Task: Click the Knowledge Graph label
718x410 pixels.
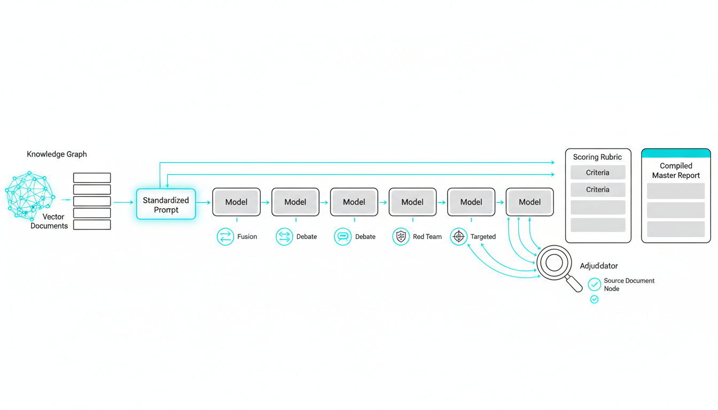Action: pyautogui.click(x=57, y=154)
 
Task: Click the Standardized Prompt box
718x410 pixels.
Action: pyautogui.click(x=166, y=204)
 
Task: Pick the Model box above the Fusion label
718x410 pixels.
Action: pyautogui.click(x=236, y=202)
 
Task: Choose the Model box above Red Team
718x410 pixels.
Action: pyautogui.click(x=412, y=202)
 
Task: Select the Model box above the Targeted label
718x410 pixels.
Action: pyautogui.click(x=471, y=202)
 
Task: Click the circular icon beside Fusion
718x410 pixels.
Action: pyautogui.click(x=225, y=236)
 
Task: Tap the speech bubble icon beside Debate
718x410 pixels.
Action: pyautogui.click(x=342, y=236)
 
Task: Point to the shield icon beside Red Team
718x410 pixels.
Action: pyautogui.click(x=401, y=236)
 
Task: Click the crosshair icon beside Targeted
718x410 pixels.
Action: pyautogui.click(x=458, y=236)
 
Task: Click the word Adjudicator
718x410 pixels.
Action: pyautogui.click(x=599, y=266)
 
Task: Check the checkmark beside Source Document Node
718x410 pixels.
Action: pyautogui.click(x=594, y=285)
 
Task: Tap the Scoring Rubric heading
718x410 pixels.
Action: pyautogui.click(x=597, y=157)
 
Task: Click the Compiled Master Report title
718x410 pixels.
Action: pyautogui.click(x=676, y=170)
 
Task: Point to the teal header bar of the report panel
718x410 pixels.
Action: pyautogui.click(x=676, y=153)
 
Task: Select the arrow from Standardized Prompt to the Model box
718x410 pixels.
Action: pyautogui.click(x=204, y=202)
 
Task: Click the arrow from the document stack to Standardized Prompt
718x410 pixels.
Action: pyautogui.click(x=123, y=202)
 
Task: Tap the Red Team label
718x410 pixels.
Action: pyautogui.click(x=427, y=236)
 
